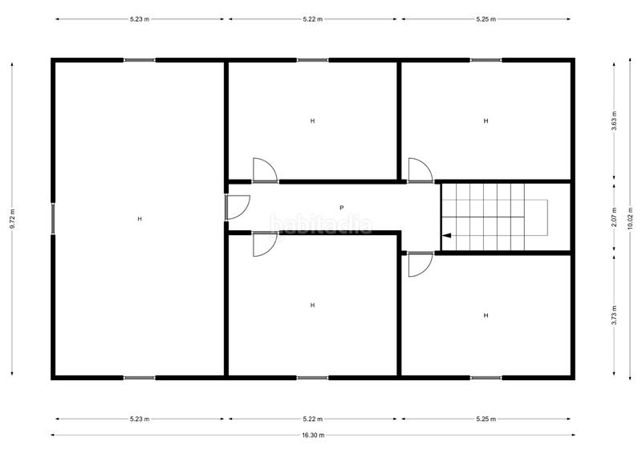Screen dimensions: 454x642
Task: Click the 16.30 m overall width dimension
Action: click(x=313, y=436)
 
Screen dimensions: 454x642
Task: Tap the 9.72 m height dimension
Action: click(x=12, y=219)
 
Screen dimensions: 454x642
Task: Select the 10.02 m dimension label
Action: click(x=630, y=219)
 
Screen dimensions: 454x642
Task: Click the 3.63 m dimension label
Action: click(x=614, y=121)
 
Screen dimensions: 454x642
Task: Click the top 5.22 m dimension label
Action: click(x=313, y=19)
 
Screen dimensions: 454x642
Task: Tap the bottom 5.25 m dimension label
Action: click(x=486, y=419)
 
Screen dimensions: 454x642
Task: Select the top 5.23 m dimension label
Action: click(x=139, y=19)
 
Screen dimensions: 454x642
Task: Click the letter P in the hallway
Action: click(x=341, y=208)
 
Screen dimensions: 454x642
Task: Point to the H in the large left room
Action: click(x=139, y=219)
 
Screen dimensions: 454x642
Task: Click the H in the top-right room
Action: click(x=486, y=121)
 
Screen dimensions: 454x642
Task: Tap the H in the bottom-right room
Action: click(x=486, y=316)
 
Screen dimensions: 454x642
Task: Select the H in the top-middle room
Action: click(x=312, y=121)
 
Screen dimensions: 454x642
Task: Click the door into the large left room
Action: click(x=237, y=207)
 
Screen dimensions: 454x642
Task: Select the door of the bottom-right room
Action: click(x=420, y=264)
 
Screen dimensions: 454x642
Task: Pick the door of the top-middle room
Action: click(x=264, y=170)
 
